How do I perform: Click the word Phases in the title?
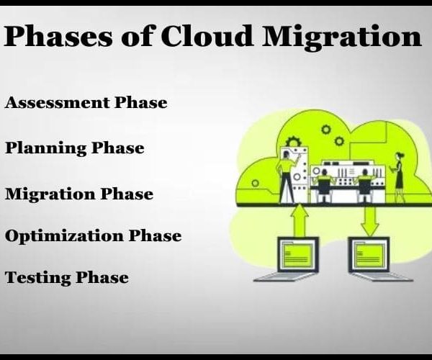[x=58, y=36]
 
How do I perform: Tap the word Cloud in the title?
[x=207, y=35]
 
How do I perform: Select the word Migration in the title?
[x=342, y=37]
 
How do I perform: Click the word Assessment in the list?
[x=57, y=102]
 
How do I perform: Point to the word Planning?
[x=46, y=148]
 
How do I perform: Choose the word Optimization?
[x=64, y=236]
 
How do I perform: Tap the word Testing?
[x=37, y=278]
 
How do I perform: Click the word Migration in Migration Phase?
[x=50, y=194]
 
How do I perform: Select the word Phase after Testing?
[x=102, y=277]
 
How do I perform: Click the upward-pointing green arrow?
[x=300, y=220]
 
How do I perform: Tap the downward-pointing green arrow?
[x=370, y=221]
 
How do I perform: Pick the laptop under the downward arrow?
[x=380, y=259]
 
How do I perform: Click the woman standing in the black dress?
[x=398, y=177]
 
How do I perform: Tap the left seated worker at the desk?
[x=323, y=186]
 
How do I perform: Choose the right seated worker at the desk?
[x=364, y=186]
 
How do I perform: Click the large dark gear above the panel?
[x=293, y=142]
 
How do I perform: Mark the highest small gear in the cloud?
[x=326, y=129]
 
